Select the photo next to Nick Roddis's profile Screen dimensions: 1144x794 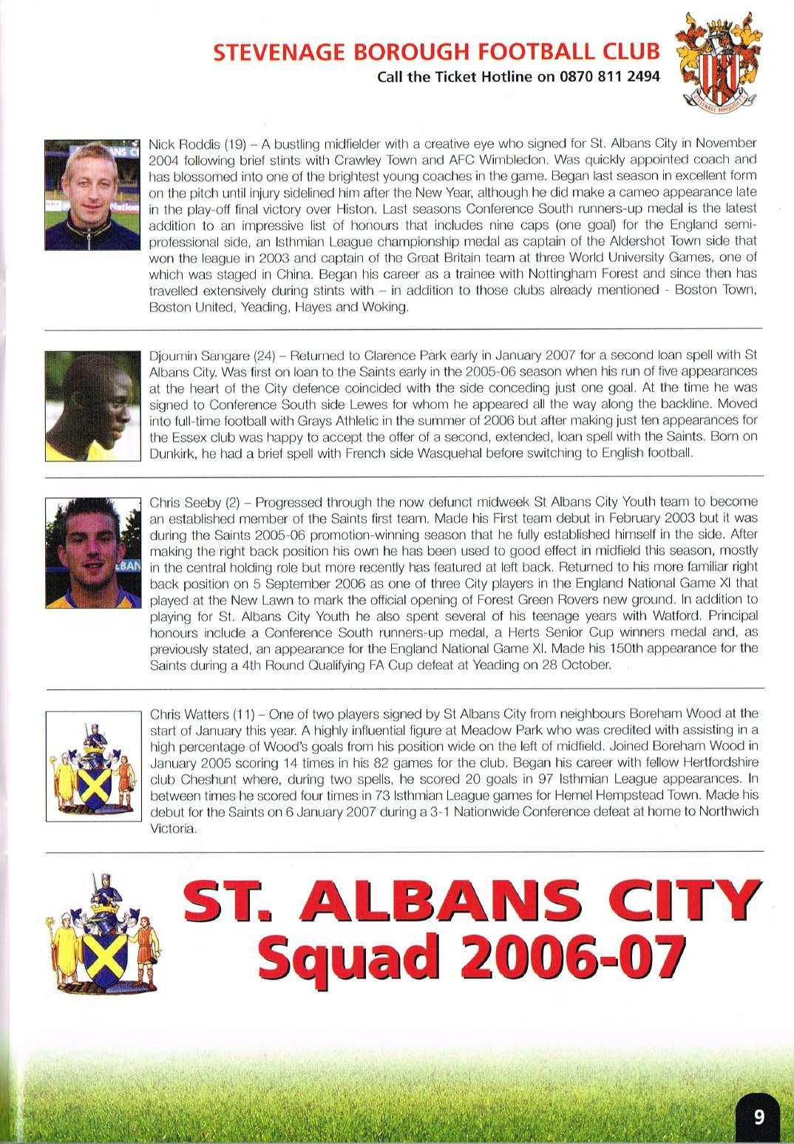pos(92,194)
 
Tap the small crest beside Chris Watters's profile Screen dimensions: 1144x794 pos(92,765)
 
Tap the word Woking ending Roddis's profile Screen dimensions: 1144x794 pos(389,306)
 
